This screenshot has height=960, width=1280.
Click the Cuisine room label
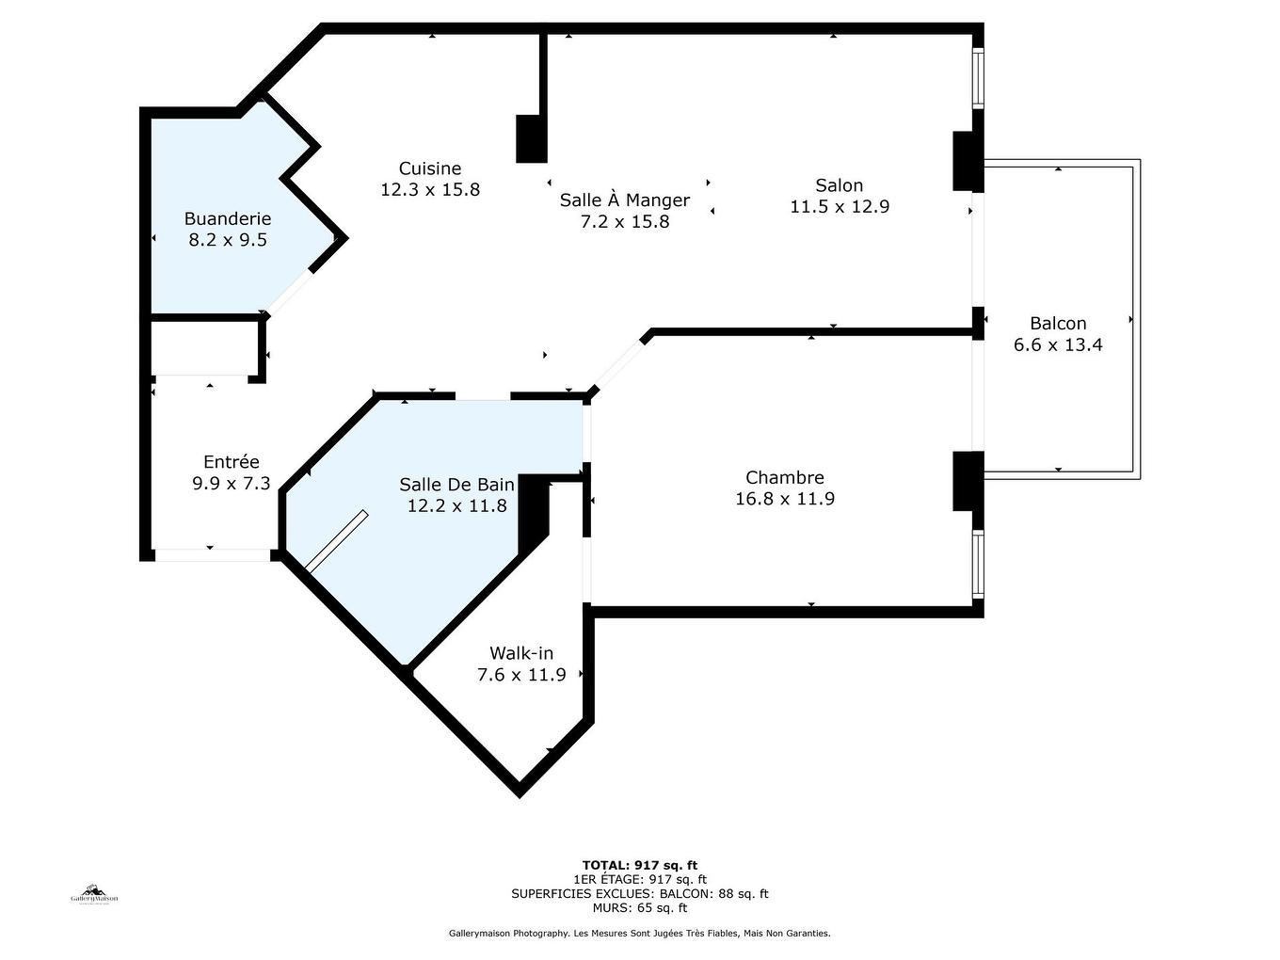coord(430,168)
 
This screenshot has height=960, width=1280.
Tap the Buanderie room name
coord(228,218)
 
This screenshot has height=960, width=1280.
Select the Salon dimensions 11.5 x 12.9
coord(840,206)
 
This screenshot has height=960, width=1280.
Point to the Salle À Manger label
coord(625,200)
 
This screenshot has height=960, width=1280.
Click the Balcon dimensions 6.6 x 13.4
coord(1058,344)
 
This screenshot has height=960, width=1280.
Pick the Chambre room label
coord(784,477)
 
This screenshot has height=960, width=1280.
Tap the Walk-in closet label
coord(521,653)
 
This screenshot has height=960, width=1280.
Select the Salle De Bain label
coord(456,485)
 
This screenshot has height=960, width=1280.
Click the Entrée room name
coord(231,461)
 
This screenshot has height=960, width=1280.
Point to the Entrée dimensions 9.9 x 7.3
coord(231,483)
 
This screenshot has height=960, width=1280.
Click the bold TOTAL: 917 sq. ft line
coord(640,865)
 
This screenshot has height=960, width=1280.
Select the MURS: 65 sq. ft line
coord(640,907)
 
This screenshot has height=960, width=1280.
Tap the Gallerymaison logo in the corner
coord(94,895)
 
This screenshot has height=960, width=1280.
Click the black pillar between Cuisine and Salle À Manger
coord(531,138)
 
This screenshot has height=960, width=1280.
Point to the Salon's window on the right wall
coord(978,78)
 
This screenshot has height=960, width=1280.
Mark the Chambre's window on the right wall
coord(978,564)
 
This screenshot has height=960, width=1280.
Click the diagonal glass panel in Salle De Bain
coord(337,541)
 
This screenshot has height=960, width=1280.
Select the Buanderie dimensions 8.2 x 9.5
coord(228,240)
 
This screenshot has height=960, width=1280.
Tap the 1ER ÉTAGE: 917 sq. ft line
coord(640,879)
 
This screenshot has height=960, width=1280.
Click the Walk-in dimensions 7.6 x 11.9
coord(521,675)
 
